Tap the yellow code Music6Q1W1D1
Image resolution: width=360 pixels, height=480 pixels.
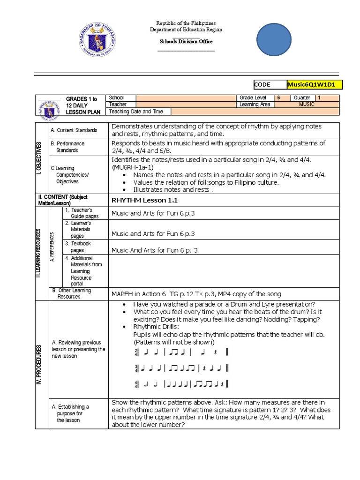coord(315,85)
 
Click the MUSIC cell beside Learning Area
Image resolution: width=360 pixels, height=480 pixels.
coord(307,105)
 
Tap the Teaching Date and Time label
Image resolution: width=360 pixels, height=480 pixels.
coord(136,112)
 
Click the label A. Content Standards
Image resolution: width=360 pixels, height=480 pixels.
coord(74,130)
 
